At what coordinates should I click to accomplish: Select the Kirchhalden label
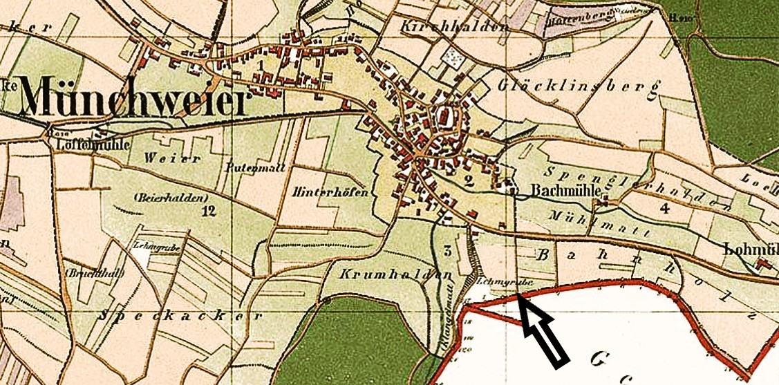click(454, 26)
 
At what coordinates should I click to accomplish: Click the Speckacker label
click(182, 316)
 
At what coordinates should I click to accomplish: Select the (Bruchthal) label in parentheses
click(95, 272)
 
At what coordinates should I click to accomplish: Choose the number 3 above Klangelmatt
click(448, 250)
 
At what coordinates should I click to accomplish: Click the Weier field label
click(172, 158)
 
